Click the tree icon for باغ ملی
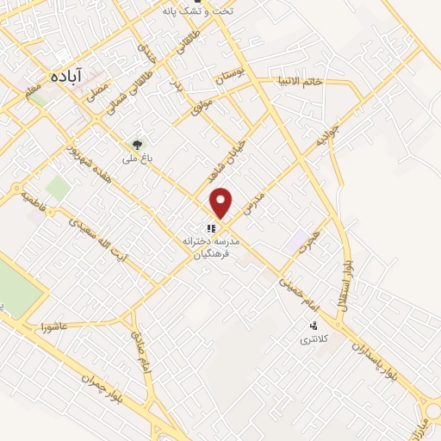click(x=137, y=144)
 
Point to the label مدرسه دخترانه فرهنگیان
click(x=212, y=251)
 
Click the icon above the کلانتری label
click(x=314, y=326)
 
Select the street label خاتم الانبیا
click(x=321, y=82)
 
